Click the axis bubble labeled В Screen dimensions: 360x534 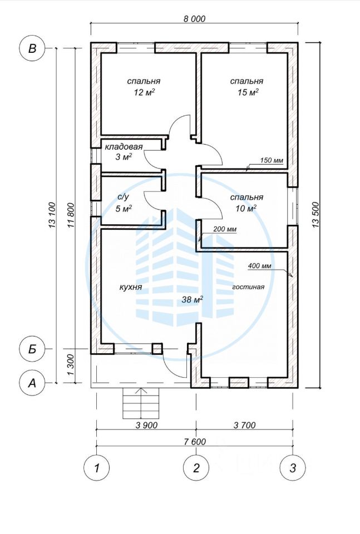(x=32, y=48)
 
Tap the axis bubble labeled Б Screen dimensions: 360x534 (x=32, y=349)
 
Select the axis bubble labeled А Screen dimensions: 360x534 (x=32, y=383)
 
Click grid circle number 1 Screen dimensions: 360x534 (x=97, y=468)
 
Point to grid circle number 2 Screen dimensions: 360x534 (x=196, y=468)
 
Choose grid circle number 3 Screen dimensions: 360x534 (x=293, y=468)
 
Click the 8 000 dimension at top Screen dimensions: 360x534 (x=195, y=18)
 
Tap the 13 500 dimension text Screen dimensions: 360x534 (x=315, y=215)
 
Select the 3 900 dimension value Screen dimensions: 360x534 (x=146, y=425)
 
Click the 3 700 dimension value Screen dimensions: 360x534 (x=244, y=425)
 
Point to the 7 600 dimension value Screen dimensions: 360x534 (x=195, y=442)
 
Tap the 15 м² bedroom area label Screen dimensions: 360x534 (x=247, y=92)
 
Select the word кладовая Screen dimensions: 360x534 (x=124, y=147)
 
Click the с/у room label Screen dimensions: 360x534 (x=123, y=197)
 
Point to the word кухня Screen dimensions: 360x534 (x=130, y=288)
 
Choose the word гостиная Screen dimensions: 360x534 (x=248, y=287)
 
